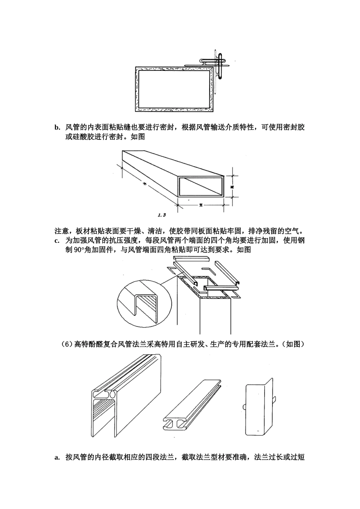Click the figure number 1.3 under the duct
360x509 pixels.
(162, 215)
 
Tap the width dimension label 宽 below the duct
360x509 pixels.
(200, 205)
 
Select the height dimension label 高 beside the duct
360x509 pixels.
(231, 186)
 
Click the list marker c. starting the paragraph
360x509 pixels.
(57, 240)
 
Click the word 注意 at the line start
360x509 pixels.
(61, 231)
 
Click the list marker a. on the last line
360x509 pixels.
(57, 457)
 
